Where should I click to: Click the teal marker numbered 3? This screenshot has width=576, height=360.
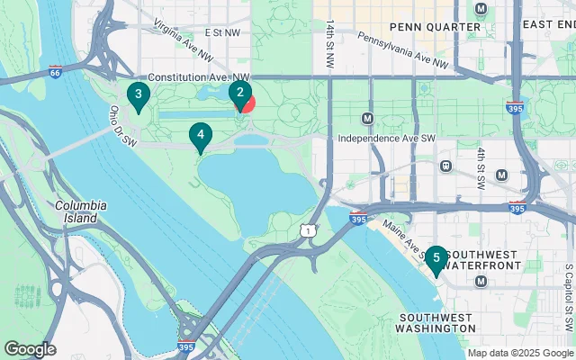pos(137,94)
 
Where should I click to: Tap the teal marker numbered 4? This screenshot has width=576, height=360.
pos(201,137)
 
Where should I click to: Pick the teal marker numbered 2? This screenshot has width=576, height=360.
pos(238,92)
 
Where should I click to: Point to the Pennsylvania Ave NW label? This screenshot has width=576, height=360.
pos(402,50)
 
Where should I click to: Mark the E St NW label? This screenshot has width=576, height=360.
pos(223,32)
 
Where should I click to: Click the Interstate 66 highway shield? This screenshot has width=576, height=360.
pos(55,68)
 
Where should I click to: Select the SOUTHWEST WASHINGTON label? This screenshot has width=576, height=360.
pos(438,323)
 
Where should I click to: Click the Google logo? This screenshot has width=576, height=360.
pos(30,348)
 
